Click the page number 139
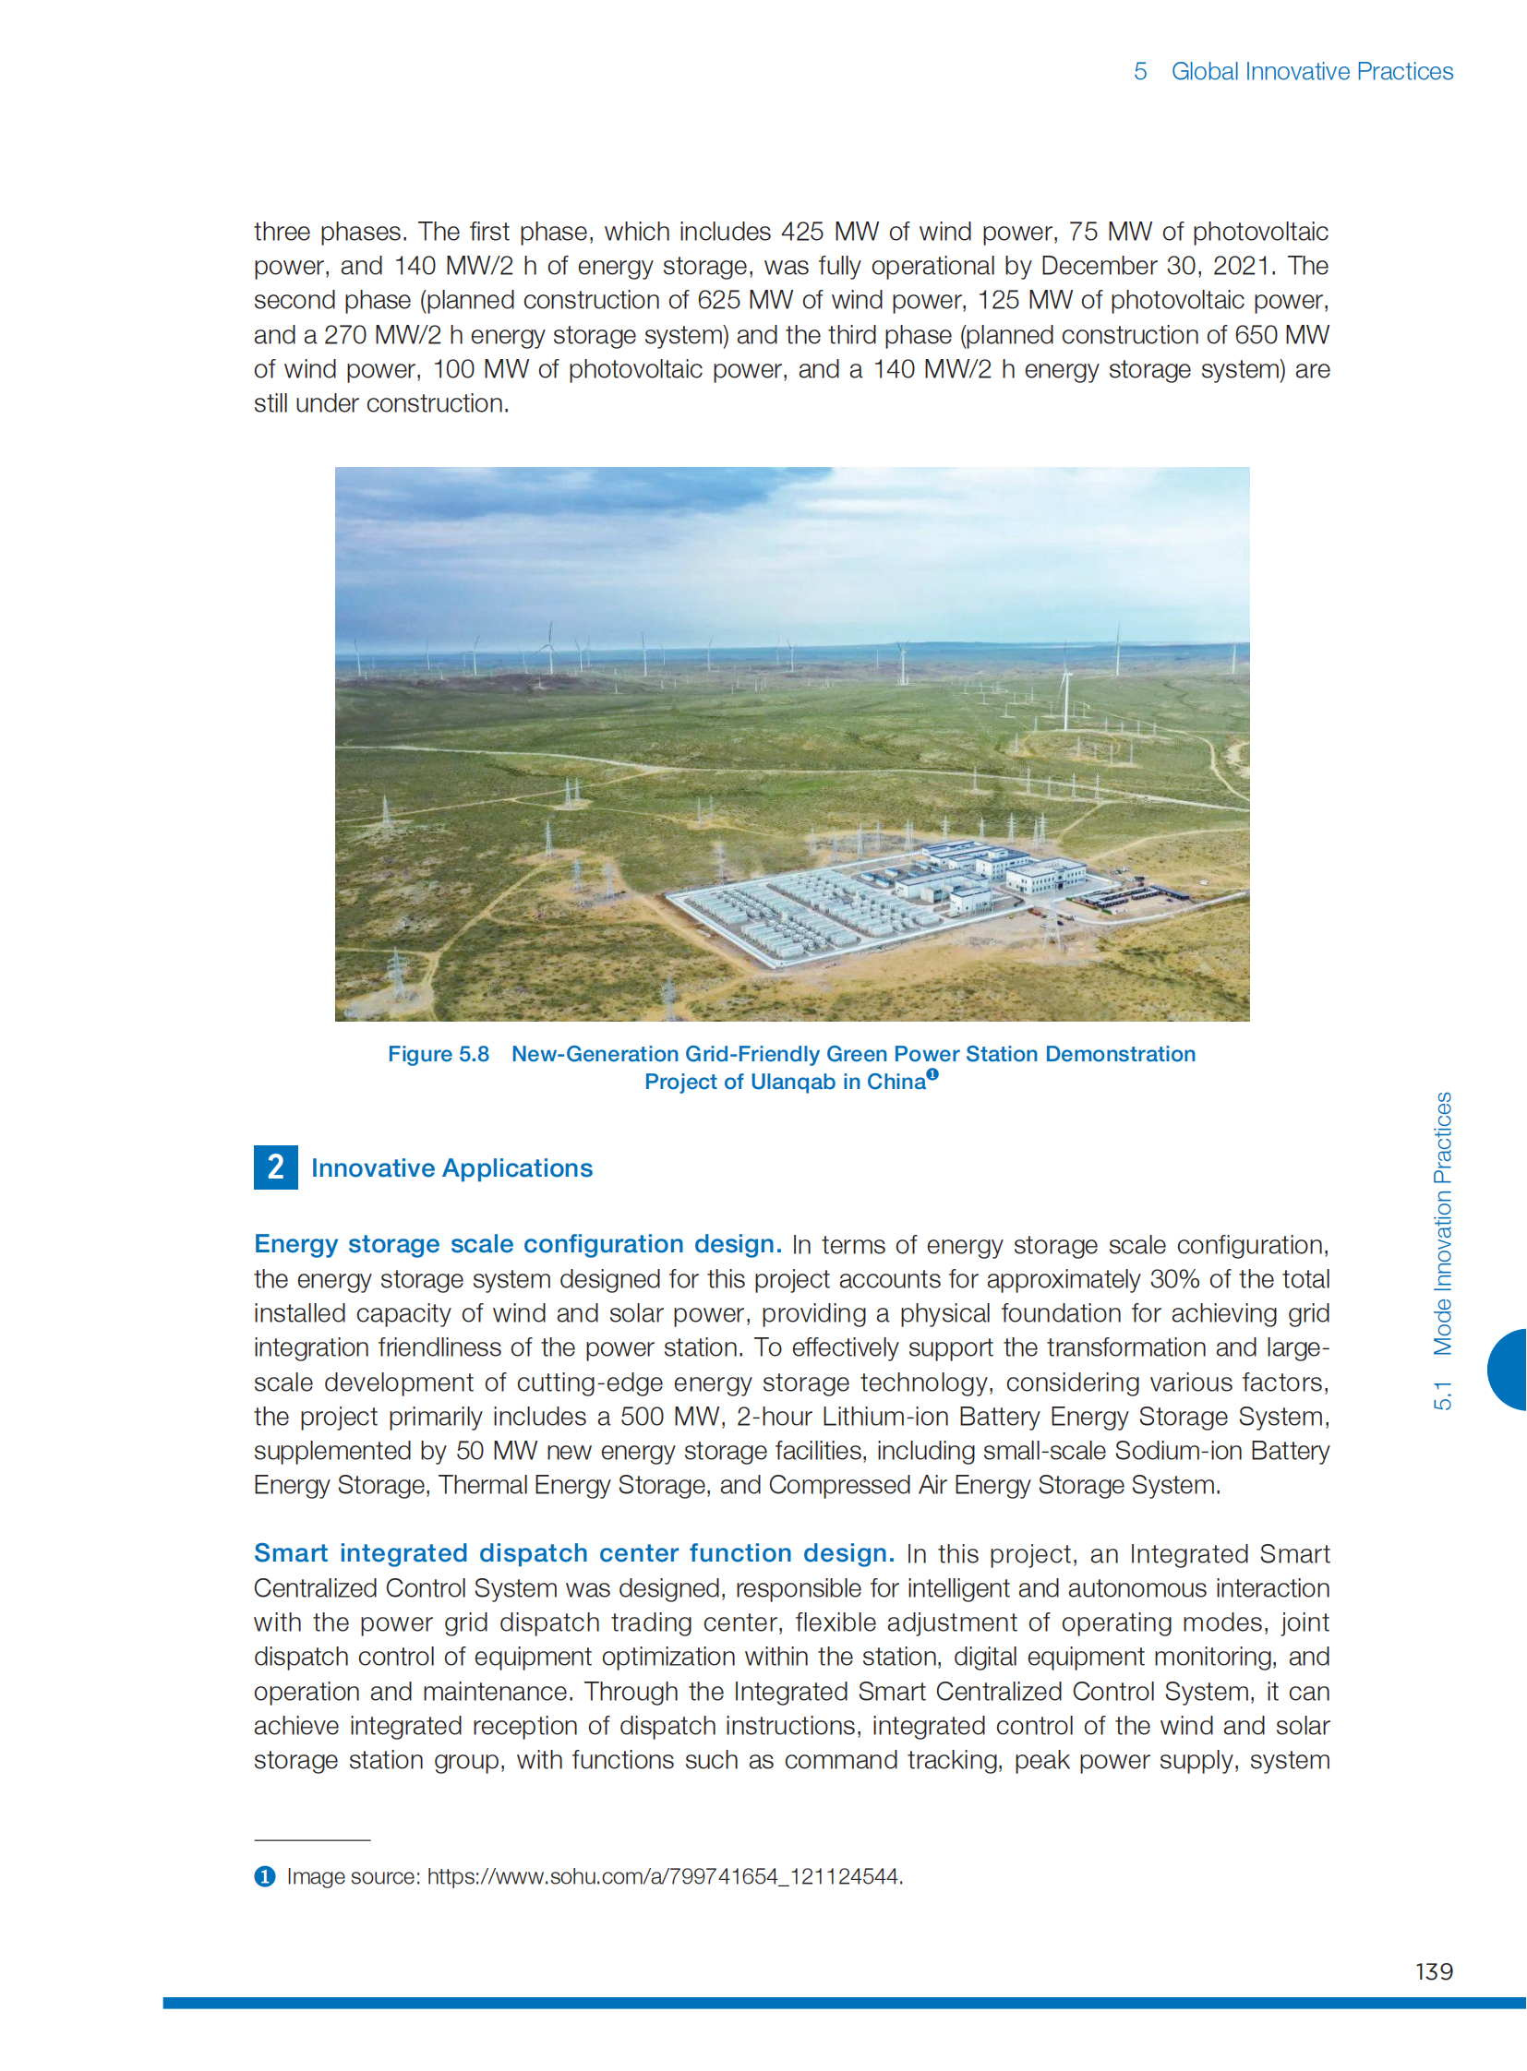(x=1434, y=1971)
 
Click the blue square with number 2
(x=275, y=1167)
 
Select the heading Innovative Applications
(x=451, y=1168)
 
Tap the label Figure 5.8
(x=439, y=1054)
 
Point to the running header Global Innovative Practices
(x=1312, y=71)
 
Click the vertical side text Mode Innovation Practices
(x=1442, y=1224)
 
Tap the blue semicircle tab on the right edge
(x=1509, y=1369)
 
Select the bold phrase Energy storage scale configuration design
(x=518, y=1244)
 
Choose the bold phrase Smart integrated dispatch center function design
(x=574, y=1552)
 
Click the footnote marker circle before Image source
(x=264, y=1876)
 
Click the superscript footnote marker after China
(x=932, y=1074)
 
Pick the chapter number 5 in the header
(x=1139, y=71)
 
